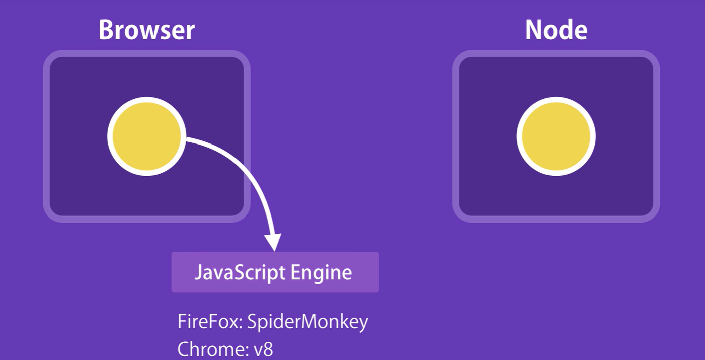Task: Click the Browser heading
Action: pos(146,30)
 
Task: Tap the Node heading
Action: pos(556,30)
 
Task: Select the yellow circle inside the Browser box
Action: pos(146,136)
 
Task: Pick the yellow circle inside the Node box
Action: pos(556,136)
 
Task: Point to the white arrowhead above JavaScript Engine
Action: pos(274,242)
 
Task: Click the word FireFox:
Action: pos(210,322)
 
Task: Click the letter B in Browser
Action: pos(106,30)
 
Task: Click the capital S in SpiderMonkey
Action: pos(253,322)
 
